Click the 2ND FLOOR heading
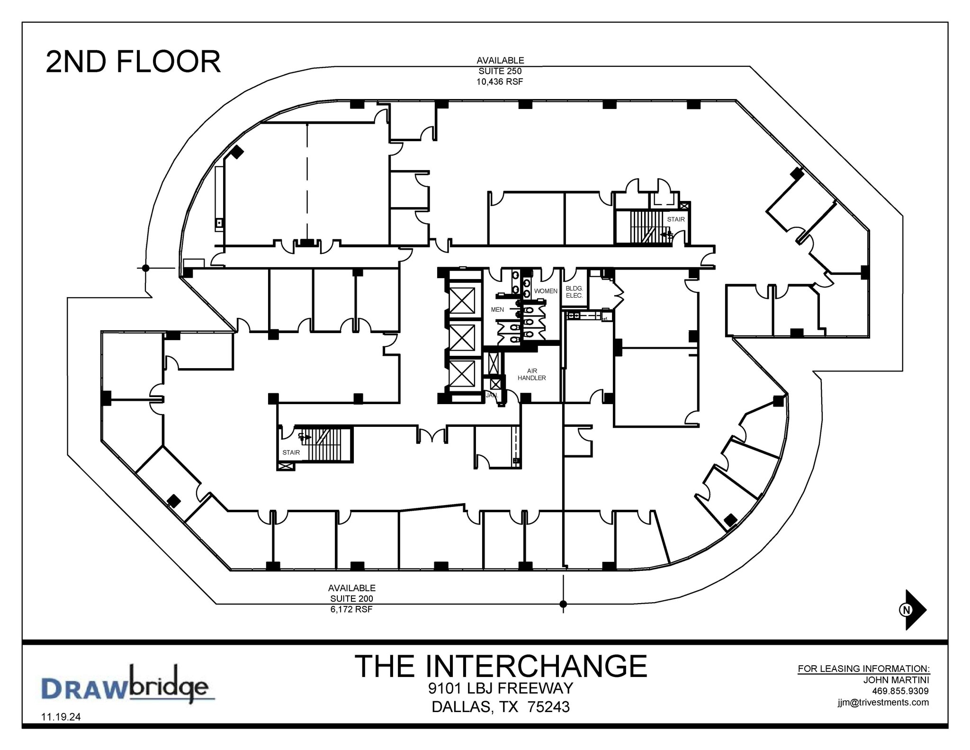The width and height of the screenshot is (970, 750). (133, 62)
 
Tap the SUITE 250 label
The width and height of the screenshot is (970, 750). (500, 71)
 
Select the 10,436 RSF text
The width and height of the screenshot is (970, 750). (500, 82)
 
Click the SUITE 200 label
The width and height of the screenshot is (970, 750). (352, 598)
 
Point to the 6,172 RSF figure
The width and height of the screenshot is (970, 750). (351, 609)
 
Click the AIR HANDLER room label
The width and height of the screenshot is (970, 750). (531, 374)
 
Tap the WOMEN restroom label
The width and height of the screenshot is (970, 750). (546, 291)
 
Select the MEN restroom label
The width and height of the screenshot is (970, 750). (497, 309)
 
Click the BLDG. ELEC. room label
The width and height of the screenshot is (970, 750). (574, 292)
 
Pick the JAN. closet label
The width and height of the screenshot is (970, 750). (491, 395)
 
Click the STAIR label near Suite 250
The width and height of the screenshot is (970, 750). (675, 219)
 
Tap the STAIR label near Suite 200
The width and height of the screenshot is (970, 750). (291, 452)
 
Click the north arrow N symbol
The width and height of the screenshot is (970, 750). (906, 610)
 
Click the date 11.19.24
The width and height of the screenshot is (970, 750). (61, 717)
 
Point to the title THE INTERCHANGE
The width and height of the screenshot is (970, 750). (501, 666)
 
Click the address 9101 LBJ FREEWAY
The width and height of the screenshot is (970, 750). (501, 688)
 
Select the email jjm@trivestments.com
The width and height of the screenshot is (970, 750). (883, 702)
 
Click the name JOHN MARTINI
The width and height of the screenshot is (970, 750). (896, 680)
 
